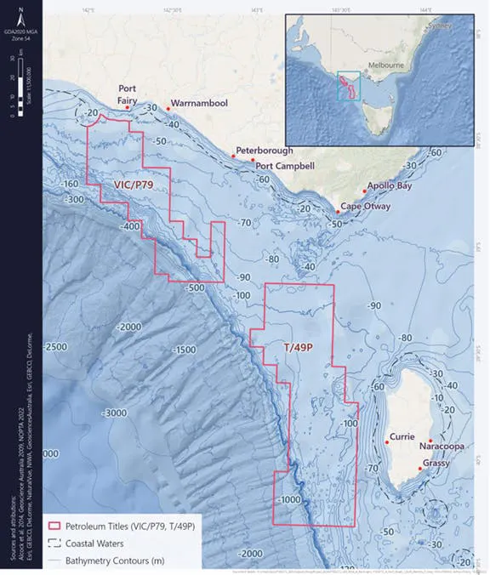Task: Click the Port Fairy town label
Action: tap(128, 93)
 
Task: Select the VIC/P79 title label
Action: tap(134, 185)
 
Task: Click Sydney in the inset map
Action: tap(441, 26)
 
